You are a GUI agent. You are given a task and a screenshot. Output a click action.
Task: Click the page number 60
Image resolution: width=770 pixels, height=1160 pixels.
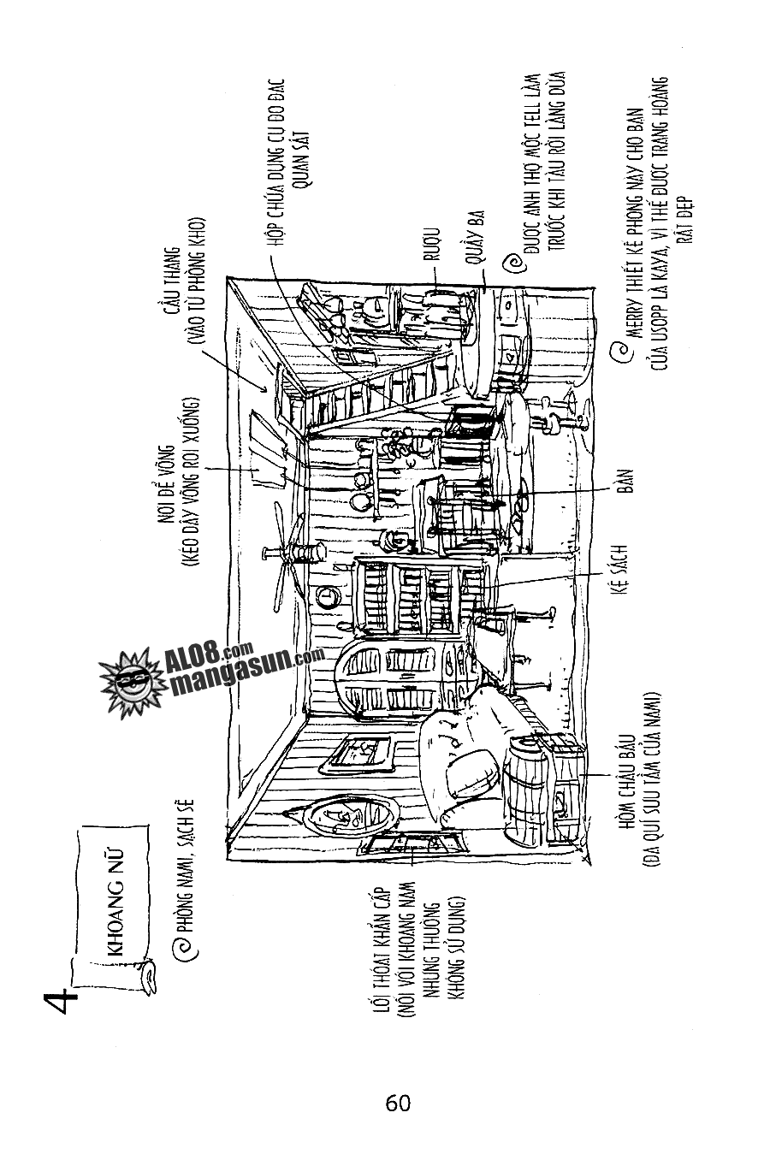click(x=398, y=1103)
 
